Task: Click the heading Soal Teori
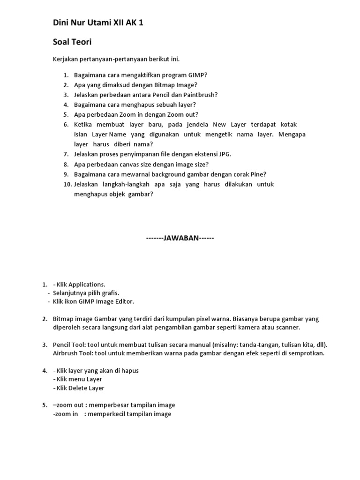click(72, 42)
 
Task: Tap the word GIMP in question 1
click(195, 75)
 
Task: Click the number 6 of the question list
click(66, 124)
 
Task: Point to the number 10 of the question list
click(67, 184)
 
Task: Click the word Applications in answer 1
click(87, 285)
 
